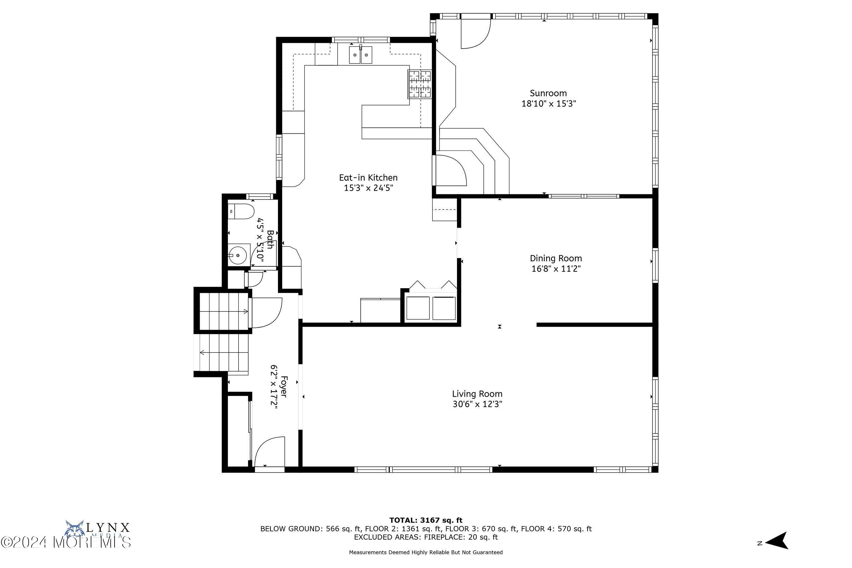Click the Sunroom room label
point(548,93)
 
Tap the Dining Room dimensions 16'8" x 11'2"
point(556,269)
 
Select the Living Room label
point(477,394)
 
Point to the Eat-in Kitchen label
point(368,177)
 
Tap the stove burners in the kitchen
point(420,84)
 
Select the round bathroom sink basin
point(238,255)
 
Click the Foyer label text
point(284,387)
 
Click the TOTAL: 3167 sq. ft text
point(426,521)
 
